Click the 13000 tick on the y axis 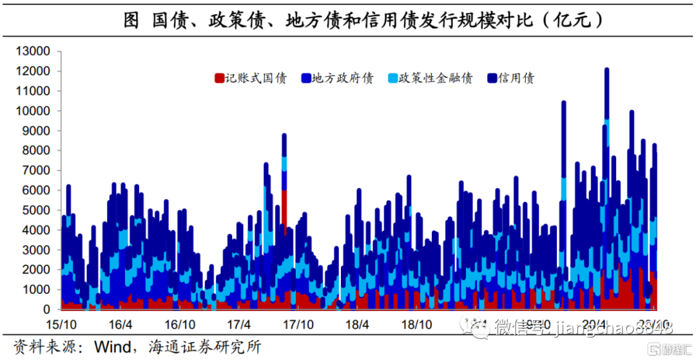[32, 51]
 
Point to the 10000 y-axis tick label [32, 111]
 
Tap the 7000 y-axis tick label [35, 171]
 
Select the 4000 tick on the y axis [35, 230]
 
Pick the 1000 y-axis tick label [35, 290]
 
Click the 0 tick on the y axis [46, 310]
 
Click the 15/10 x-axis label [62, 323]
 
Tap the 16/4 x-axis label [121, 323]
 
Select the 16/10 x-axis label [180, 323]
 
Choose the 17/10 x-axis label [298, 323]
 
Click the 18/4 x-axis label [357, 323]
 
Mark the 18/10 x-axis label [416, 323]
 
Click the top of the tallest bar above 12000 [606, 69]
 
